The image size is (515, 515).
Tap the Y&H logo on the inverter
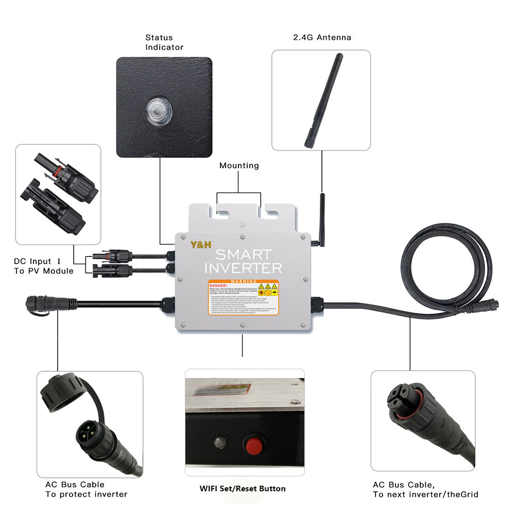pos(201,245)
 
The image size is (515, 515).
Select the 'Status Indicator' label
pos(164,42)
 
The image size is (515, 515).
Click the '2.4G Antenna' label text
pos(322,38)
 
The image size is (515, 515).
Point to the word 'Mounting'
pos(239,166)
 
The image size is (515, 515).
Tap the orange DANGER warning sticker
pos(243,298)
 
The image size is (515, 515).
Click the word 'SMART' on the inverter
pos(243,254)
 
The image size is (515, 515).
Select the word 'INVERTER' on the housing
pos(243,268)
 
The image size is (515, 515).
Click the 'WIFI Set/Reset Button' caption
pos(243,488)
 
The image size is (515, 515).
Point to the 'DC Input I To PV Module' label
pos(43,266)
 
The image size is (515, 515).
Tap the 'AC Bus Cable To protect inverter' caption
pos(86,489)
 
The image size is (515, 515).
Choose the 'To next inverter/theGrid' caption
pos(425,494)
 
